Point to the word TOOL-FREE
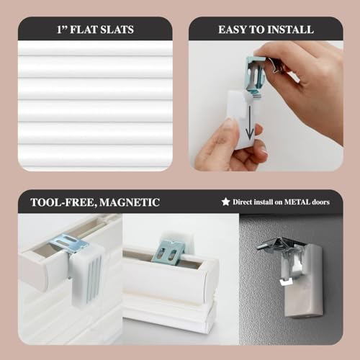click(61, 202)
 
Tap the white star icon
click(225, 202)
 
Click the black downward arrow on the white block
click(250, 124)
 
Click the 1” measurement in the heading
click(60, 30)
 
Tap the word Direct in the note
click(244, 202)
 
